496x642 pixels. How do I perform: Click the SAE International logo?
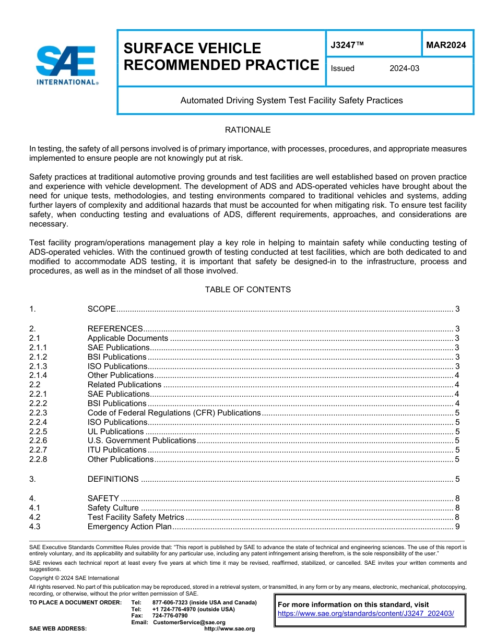tap(66, 65)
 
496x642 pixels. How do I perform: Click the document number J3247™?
tap(347, 45)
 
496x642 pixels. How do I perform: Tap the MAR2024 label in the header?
tap(446, 45)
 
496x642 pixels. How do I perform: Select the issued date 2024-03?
tap(404, 68)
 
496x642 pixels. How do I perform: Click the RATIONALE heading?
tap(247, 130)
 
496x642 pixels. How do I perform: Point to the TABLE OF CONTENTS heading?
tap(247, 290)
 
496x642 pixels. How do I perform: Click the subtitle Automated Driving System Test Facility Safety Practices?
tap(291, 100)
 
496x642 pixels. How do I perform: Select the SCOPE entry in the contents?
tap(101, 309)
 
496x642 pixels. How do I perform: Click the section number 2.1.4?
tap(38, 375)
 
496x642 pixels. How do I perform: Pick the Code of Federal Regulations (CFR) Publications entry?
tap(174, 413)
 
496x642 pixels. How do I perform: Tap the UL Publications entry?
tap(115, 432)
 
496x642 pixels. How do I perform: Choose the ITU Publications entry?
tap(117, 450)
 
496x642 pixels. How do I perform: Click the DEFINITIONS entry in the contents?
tap(113, 479)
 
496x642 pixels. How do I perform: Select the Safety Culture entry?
tap(113, 508)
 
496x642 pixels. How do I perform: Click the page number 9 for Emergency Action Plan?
tap(457, 527)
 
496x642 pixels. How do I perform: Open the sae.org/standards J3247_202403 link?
tap(365, 614)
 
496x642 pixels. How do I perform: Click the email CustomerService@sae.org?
tap(189, 622)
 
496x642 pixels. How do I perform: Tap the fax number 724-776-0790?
tap(170, 616)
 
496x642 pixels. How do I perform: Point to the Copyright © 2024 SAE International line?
tap(74, 578)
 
